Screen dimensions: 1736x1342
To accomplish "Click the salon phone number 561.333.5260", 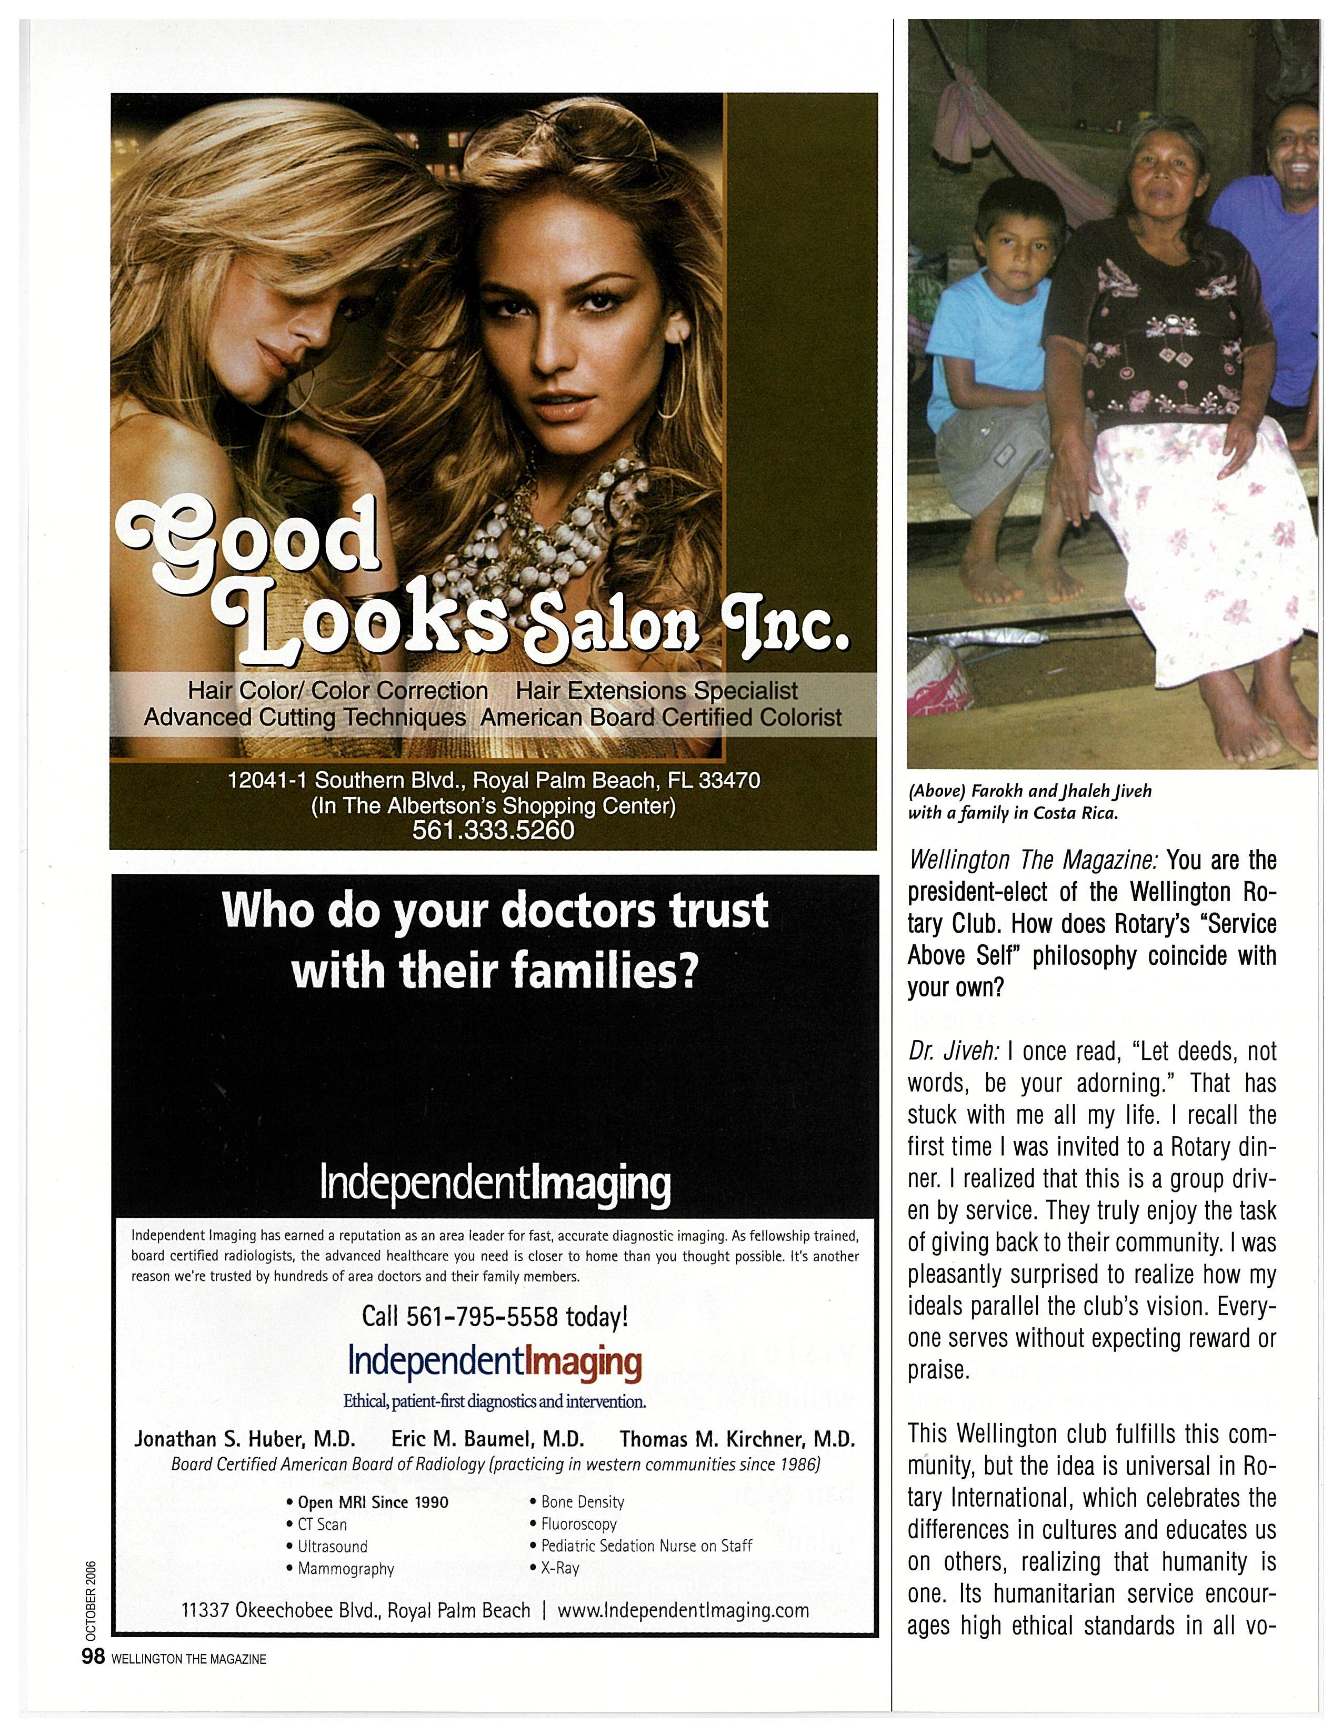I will click(x=493, y=830).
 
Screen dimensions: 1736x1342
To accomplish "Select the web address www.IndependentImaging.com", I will click(x=683, y=1610).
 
